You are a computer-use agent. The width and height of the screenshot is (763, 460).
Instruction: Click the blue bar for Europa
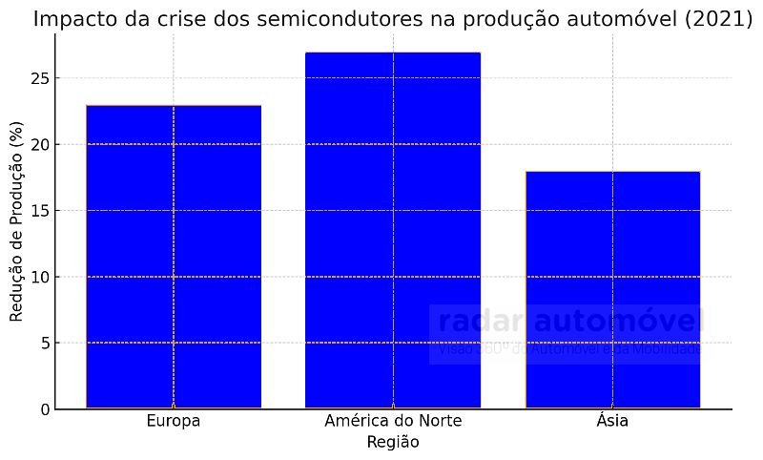coord(174,258)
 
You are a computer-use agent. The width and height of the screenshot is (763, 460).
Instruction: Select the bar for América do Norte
coord(393,229)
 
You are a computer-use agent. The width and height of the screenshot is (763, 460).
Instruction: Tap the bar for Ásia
coord(612,286)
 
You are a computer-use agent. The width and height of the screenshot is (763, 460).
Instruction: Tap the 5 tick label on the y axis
coord(43,343)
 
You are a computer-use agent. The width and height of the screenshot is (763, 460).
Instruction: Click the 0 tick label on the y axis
coord(43,409)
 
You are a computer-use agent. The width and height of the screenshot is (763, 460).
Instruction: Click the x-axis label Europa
coord(174,421)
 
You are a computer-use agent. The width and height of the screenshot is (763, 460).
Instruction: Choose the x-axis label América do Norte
coord(393,421)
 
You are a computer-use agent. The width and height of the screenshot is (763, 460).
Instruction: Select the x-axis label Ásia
coord(612,421)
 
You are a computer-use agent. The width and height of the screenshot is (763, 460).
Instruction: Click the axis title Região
coord(393,443)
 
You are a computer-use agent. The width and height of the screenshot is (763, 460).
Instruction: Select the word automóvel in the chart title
coord(624,19)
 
